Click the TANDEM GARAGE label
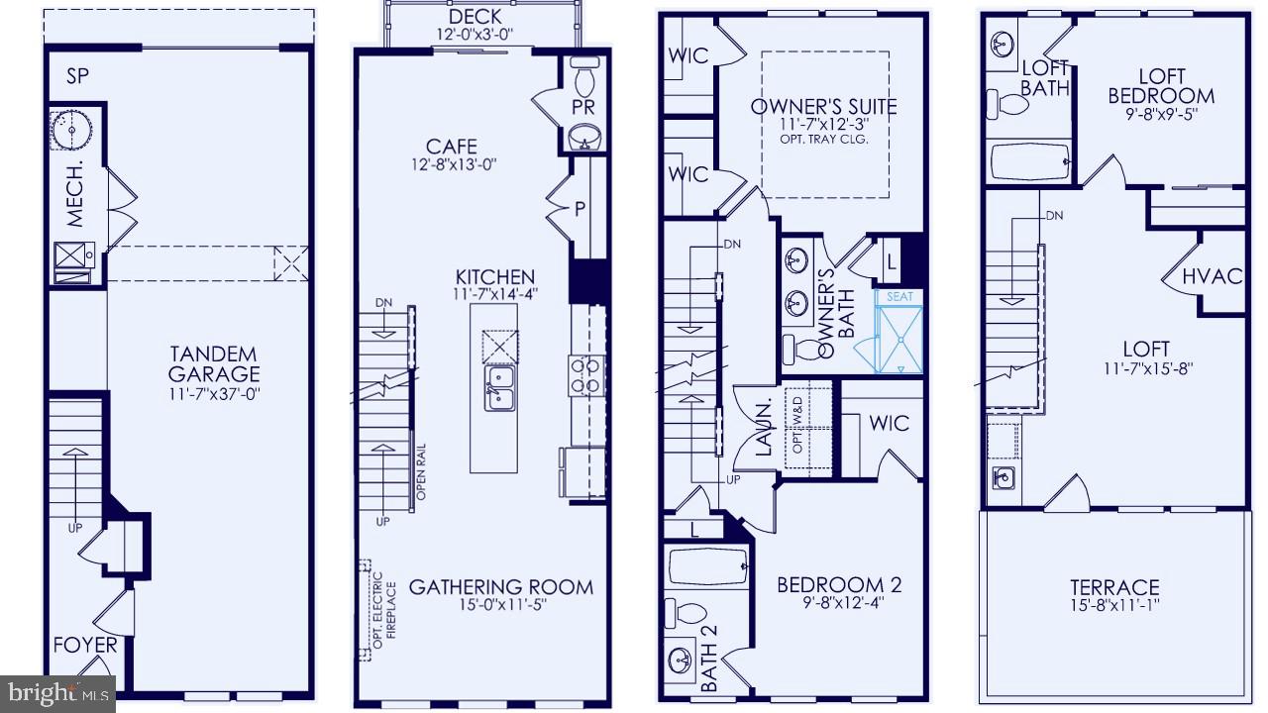(213, 363)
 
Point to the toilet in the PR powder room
(584, 77)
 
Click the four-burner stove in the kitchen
(582, 374)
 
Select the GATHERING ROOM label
(501, 586)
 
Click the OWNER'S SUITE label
(823, 107)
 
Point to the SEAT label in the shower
(899, 296)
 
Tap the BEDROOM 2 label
(839, 584)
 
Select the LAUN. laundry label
(765, 428)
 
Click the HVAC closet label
(1213, 276)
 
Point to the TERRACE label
(1114, 587)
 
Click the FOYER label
(85, 646)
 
